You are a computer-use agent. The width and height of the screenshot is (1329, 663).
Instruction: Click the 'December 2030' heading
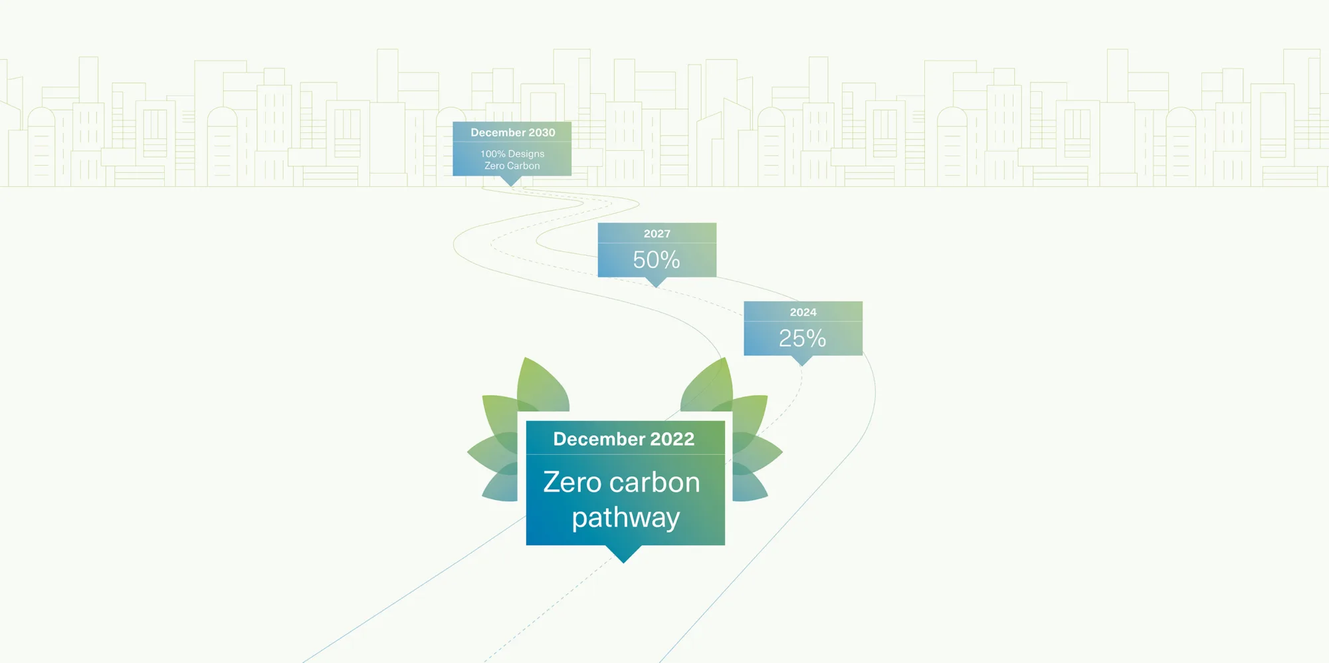pyautogui.click(x=513, y=132)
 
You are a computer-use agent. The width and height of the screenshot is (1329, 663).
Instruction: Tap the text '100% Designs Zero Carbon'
pyautogui.click(x=512, y=160)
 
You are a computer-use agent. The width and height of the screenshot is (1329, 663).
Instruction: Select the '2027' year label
pyautogui.click(x=657, y=233)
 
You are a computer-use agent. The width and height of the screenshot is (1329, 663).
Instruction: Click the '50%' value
pyautogui.click(x=657, y=259)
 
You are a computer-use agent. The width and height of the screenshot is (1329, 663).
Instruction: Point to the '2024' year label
pyautogui.click(x=803, y=312)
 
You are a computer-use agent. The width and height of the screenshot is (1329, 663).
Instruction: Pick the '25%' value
pyautogui.click(x=803, y=338)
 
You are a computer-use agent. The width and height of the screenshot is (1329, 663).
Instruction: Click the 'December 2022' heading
pyautogui.click(x=624, y=439)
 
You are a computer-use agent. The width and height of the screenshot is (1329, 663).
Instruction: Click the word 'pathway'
pyautogui.click(x=626, y=518)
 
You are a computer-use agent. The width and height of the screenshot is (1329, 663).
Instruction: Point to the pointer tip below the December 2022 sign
pyautogui.click(x=623, y=563)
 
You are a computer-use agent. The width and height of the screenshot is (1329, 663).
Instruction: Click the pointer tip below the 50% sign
pyautogui.click(x=657, y=287)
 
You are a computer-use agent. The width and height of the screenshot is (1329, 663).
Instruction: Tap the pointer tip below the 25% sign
pyautogui.click(x=803, y=366)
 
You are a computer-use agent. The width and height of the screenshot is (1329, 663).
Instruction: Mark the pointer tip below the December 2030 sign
pyautogui.click(x=511, y=186)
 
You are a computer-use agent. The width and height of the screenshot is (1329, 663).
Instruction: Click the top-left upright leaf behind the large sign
pyautogui.click(x=542, y=386)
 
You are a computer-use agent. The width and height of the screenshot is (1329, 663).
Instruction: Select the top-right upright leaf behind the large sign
pyautogui.click(x=708, y=386)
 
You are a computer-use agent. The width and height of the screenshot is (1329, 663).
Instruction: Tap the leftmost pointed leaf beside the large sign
pyautogui.click(x=492, y=452)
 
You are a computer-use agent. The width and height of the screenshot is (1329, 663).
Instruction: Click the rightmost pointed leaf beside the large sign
pyautogui.click(x=758, y=452)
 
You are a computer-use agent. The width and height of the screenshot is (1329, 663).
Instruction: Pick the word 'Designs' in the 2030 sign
pyautogui.click(x=526, y=154)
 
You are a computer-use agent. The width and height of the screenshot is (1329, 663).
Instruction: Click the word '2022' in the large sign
pyautogui.click(x=672, y=439)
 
